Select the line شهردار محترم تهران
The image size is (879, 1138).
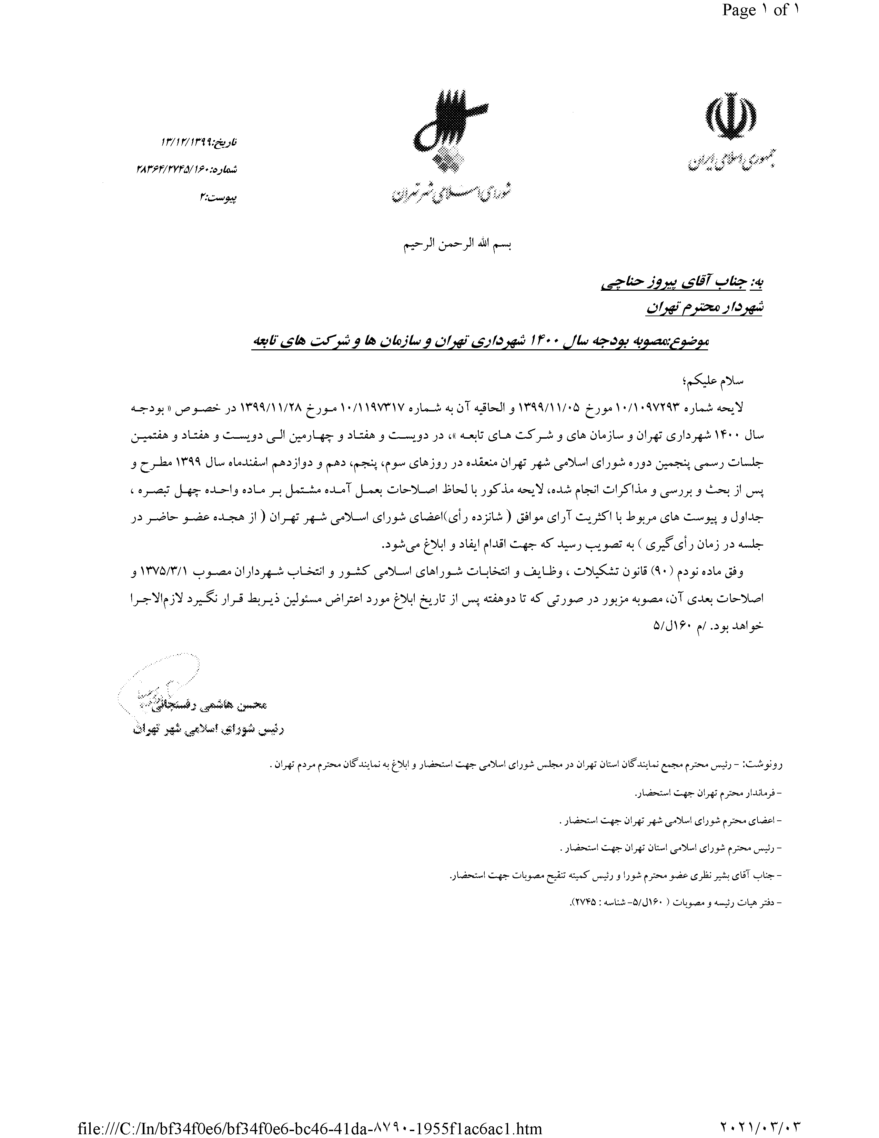pyautogui.click(x=704, y=308)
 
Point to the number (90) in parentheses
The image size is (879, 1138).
pyautogui.click(x=658, y=572)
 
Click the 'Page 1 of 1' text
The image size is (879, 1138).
pyautogui.click(x=760, y=10)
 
